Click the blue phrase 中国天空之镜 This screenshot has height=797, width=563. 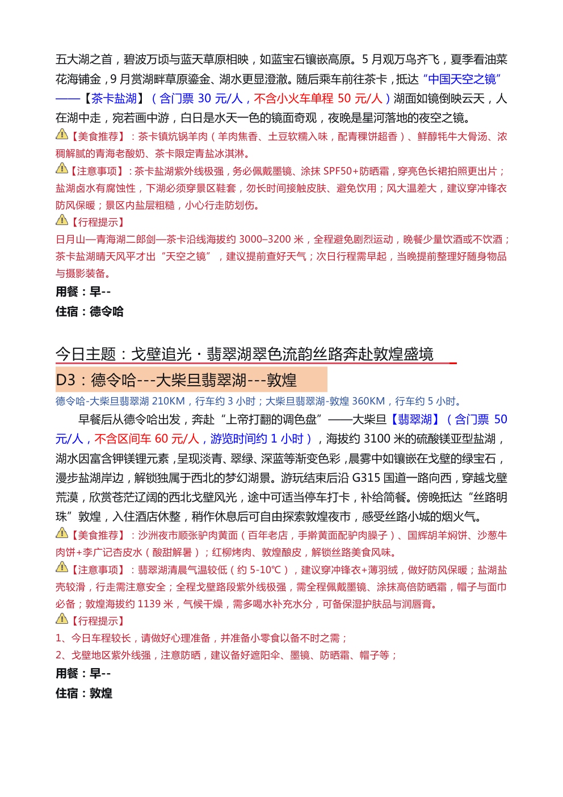pos(462,79)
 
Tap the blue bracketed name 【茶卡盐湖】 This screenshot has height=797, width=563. pos(114,98)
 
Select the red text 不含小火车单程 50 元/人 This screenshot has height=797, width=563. pos(318,98)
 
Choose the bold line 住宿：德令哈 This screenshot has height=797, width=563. pos(90,311)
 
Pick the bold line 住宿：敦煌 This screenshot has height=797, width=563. pos(84,693)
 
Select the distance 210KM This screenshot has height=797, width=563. pos(168,401)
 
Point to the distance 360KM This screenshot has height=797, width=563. pos(368,401)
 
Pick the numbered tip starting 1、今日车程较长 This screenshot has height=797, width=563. pos(201,638)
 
